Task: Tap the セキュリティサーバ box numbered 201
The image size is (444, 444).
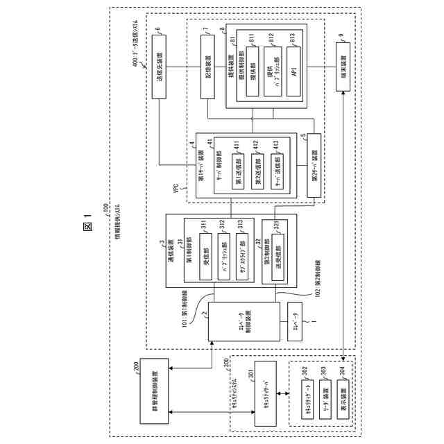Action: (266, 396)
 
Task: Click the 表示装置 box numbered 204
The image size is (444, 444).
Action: (341, 398)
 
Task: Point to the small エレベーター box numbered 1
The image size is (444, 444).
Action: (294, 322)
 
